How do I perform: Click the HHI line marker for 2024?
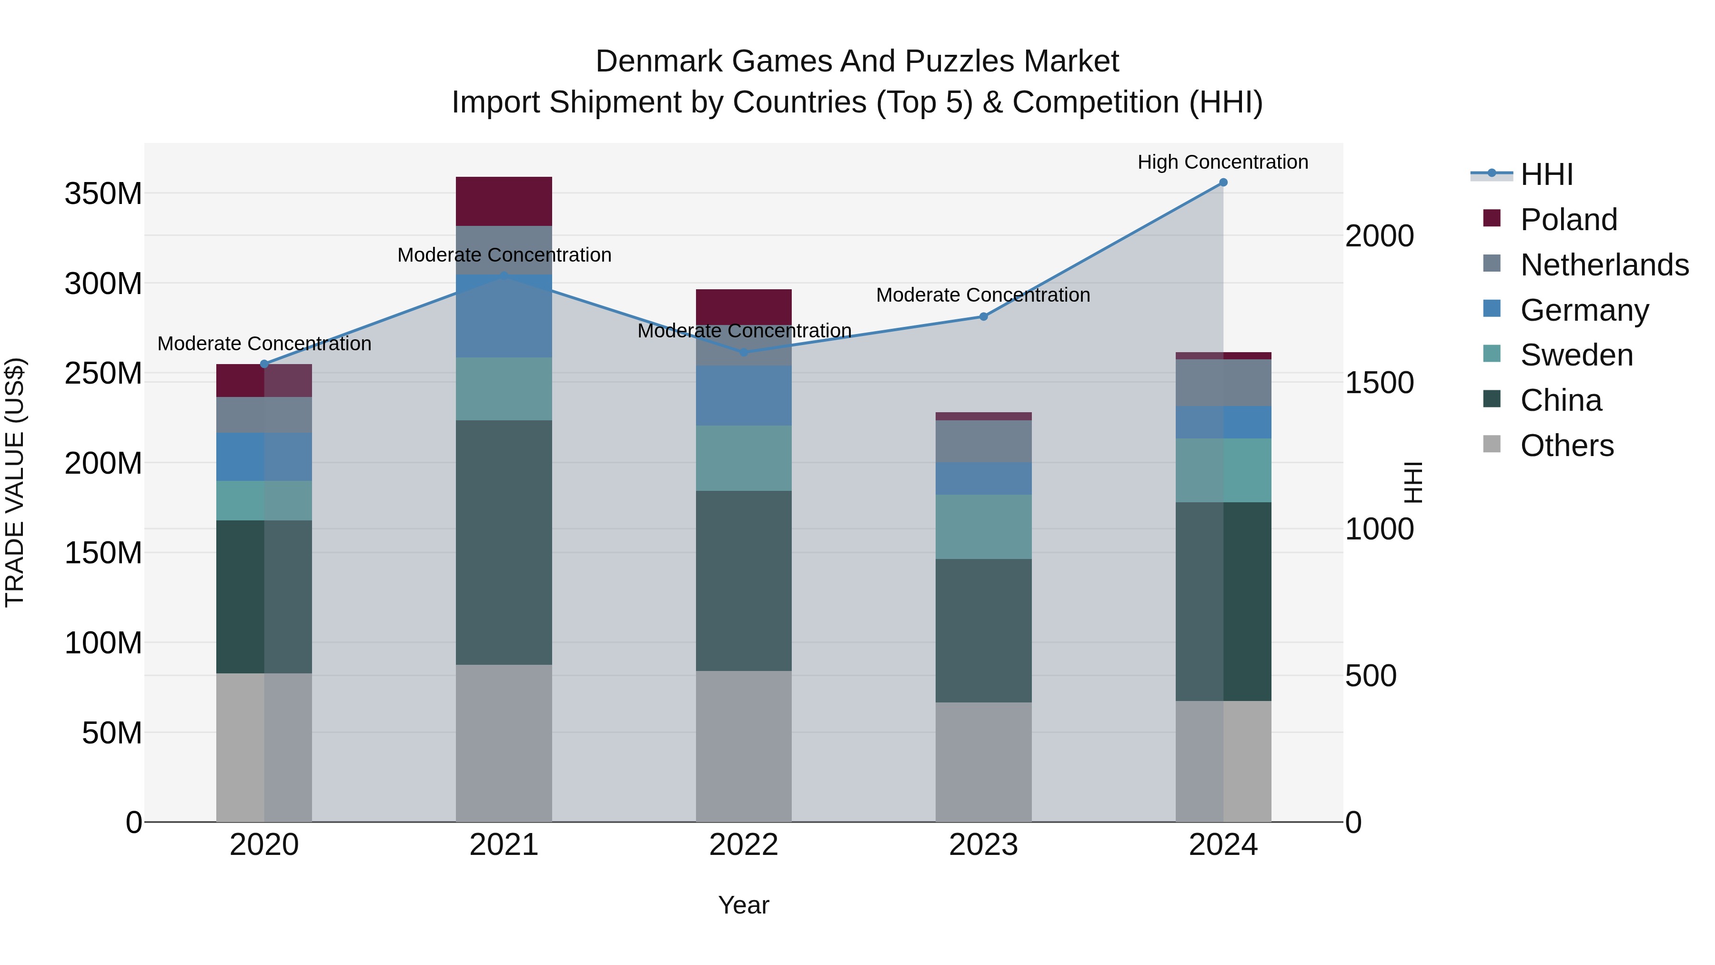pos(1223,183)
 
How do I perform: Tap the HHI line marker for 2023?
pos(983,316)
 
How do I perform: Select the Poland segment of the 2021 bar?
pos(504,201)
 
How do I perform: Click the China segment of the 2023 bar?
pos(983,630)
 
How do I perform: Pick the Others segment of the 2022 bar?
pos(744,746)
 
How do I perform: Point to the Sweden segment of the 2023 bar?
pos(983,527)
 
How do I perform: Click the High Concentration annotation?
pos(1222,163)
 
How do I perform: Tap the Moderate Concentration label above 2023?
pos(983,295)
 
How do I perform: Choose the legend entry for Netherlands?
pos(1604,265)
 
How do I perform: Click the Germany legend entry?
pos(1584,310)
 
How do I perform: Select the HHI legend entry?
pos(1546,174)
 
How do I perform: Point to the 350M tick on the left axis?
pos(103,194)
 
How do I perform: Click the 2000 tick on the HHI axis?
pos(1380,236)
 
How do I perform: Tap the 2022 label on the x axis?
pos(744,845)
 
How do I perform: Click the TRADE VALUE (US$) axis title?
pos(15,482)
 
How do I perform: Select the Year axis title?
pos(744,905)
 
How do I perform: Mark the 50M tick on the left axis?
pos(112,732)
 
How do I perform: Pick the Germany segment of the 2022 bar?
pos(744,396)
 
